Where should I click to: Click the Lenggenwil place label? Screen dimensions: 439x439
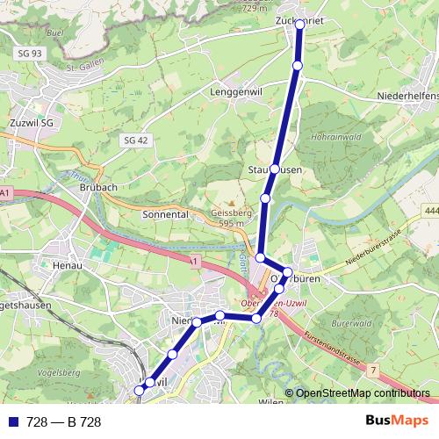point(238,91)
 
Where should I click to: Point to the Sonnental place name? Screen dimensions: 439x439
point(166,213)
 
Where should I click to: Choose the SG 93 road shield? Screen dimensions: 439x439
point(29,54)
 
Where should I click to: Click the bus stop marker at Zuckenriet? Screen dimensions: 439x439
point(299,25)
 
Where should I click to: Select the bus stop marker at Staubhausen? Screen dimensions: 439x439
point(275,169)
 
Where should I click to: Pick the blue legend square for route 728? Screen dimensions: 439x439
point(13,422)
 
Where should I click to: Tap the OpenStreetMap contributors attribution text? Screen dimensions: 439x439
point(363,393)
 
